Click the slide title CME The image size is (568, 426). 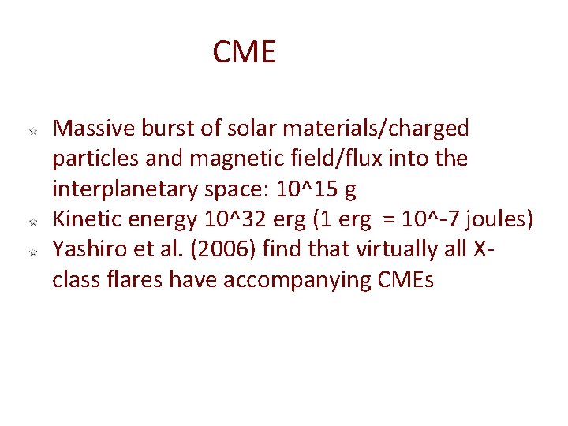(x=244, y=53)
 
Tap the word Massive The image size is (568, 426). (x=93, y=128)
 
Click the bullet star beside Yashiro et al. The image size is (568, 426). (x=33, y=252)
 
